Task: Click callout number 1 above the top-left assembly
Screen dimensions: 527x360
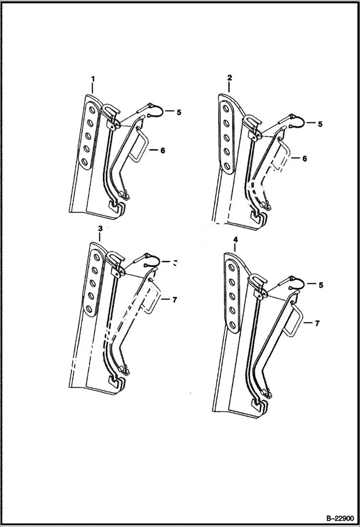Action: coord(93,78)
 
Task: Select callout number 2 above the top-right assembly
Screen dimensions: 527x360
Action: coord(229,77)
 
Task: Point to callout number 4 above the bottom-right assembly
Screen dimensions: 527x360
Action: coord(235,239)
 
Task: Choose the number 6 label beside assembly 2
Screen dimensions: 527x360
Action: coord(304,158)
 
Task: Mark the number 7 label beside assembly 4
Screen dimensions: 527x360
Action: coord(317,323)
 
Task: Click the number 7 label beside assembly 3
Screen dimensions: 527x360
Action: coord(174,300)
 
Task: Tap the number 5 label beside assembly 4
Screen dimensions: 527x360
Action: coord(321,285)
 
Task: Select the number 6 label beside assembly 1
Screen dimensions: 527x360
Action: coord(162,150)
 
